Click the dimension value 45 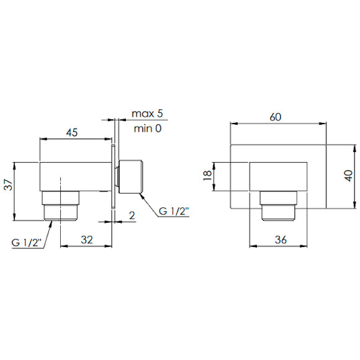point(72,133)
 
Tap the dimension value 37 point(9,184)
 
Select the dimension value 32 point(87,240)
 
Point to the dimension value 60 point(276,117)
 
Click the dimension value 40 point(349,176)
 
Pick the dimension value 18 point(207,176)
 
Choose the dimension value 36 point(281,240)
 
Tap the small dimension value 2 point(132,215)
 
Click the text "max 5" point(147,114)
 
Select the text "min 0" point(148,128)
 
